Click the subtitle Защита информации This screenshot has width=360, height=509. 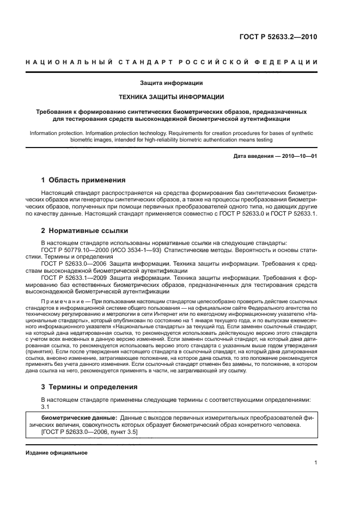[x=172, y=83]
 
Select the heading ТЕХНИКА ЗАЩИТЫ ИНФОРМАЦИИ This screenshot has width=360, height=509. [x=172, y=97]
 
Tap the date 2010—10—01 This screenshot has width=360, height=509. [x=300, y=157]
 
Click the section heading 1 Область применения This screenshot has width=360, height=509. [x=84, y=180]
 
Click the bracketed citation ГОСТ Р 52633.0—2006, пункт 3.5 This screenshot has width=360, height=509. [x=89, y=431]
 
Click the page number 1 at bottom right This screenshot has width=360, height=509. [x=316, y=463]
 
